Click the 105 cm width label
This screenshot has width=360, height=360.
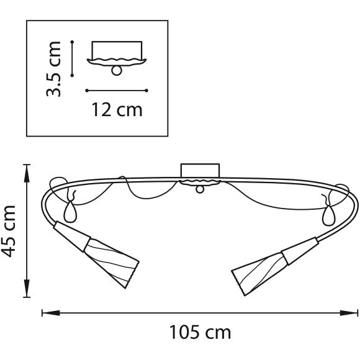click(200, 332)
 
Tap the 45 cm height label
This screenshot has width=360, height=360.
click(8, 231)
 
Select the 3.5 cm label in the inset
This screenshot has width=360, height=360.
click(53, 69)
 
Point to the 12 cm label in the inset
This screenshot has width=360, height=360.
click(117, 110)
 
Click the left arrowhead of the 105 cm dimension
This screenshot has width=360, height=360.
click(51, 313)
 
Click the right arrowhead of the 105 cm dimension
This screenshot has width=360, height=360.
click(349, 313)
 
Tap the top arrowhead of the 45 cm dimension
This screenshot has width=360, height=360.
click(27, 173)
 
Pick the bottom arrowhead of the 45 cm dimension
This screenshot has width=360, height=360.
click(27, 288)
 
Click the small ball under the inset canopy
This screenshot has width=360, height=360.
click(117, 71)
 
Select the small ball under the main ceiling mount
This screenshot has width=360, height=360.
click(199, 189)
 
